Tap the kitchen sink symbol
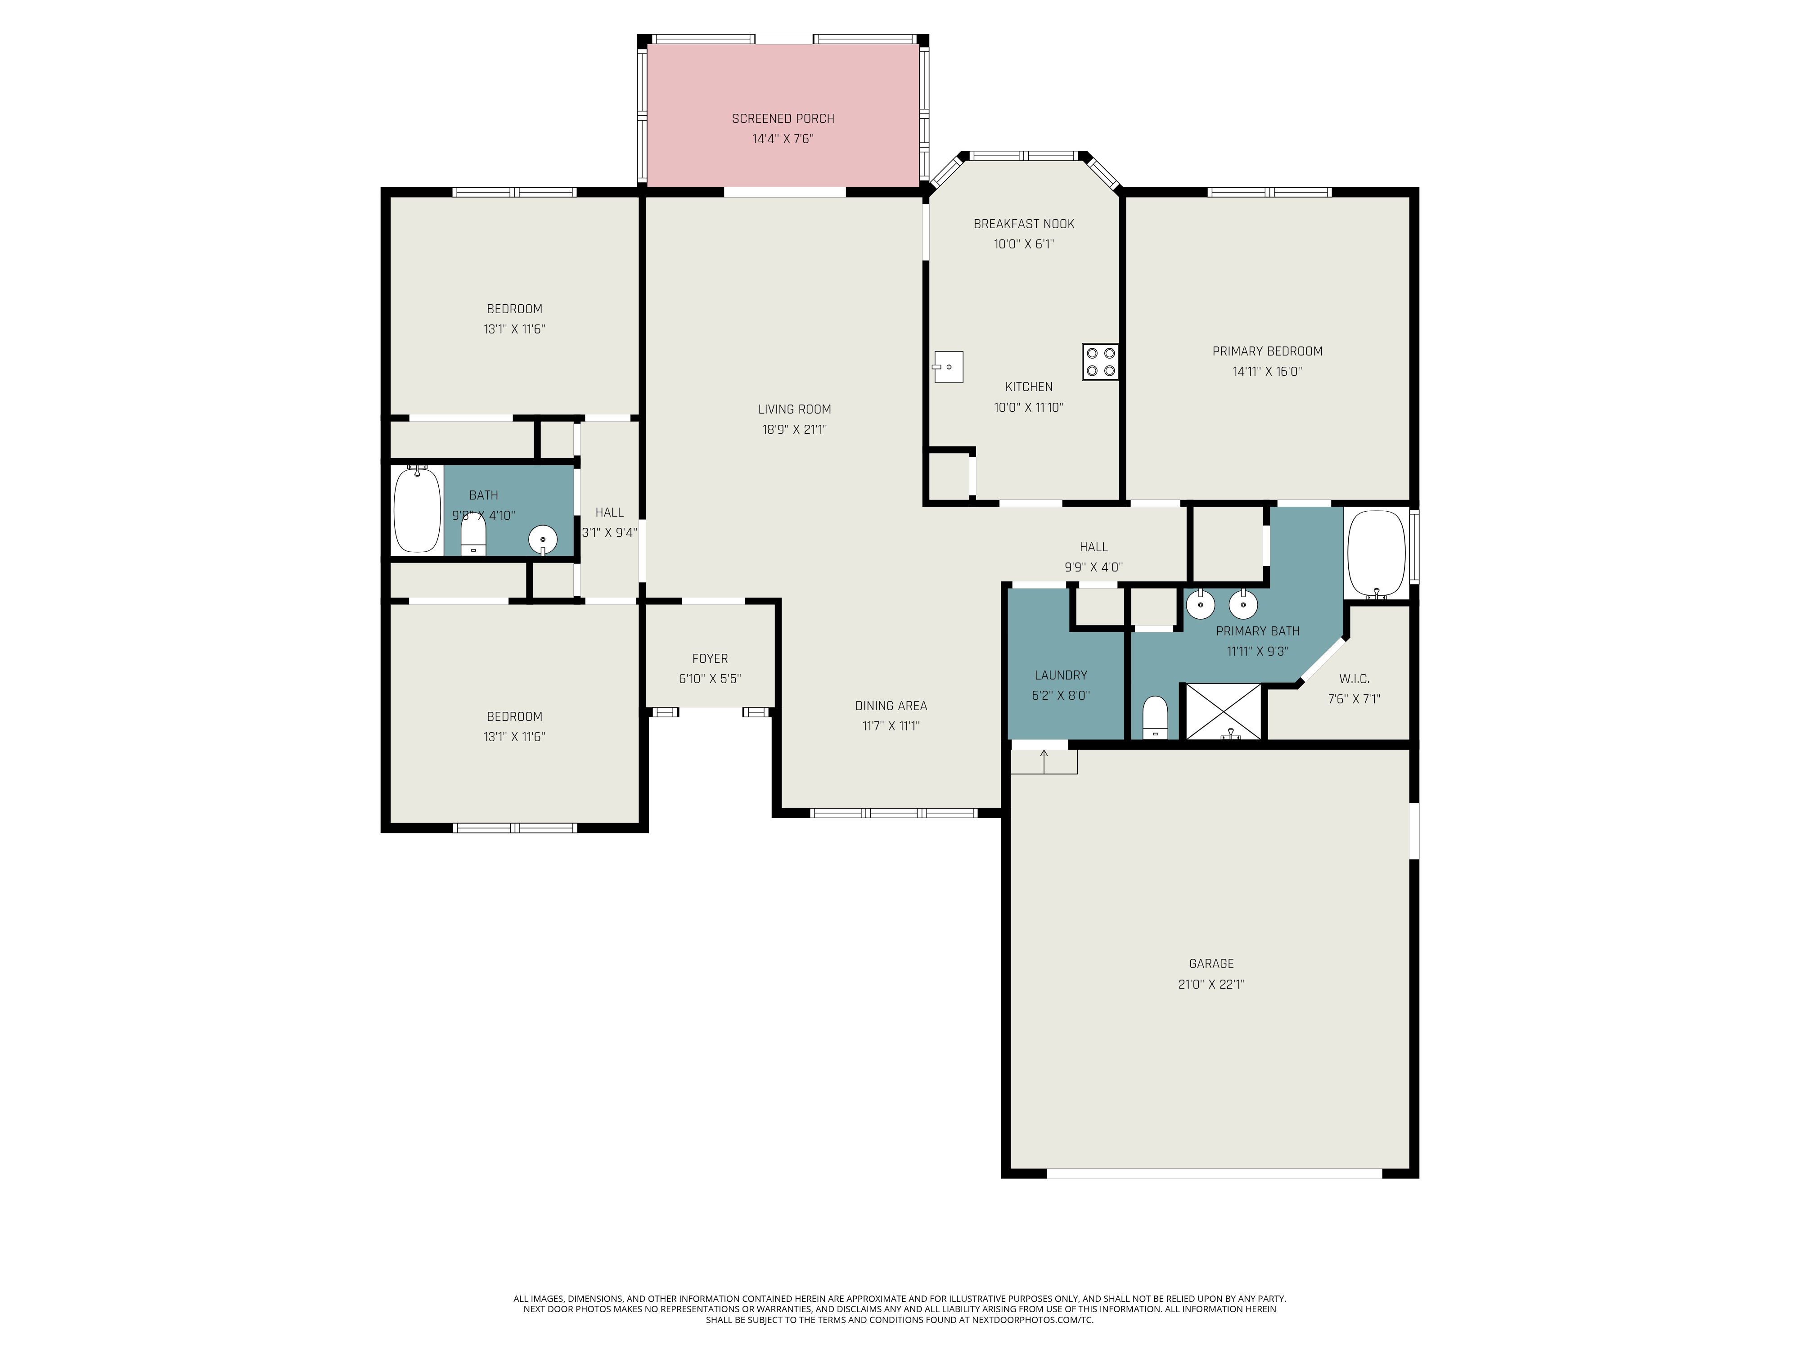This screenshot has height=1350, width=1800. click(948, 367)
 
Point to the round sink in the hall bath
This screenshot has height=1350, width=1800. click(543, 539)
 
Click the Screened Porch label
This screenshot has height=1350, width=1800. click(783, 119)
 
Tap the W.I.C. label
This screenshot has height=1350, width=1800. click(1354, 679)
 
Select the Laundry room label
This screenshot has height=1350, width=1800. click(1060, 675)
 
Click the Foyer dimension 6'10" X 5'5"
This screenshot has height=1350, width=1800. click(710, 679)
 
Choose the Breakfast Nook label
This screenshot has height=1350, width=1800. click(1024, 224)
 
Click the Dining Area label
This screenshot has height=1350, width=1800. click(891, 706)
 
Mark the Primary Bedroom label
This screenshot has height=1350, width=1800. click(1267, 351)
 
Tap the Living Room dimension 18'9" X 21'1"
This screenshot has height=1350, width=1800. click(794, 430)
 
